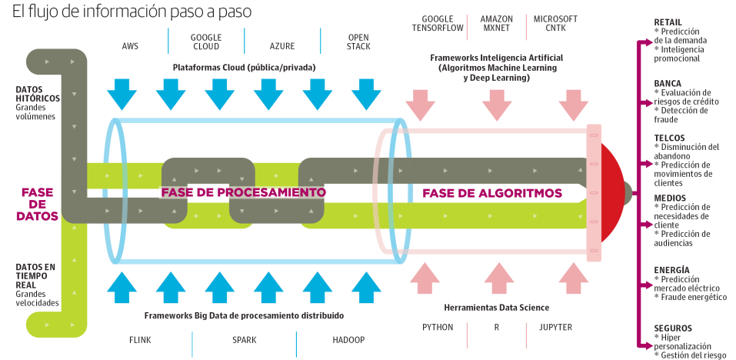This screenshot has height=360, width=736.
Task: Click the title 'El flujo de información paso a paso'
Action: point(132,13)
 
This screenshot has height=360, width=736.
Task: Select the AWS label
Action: point(130,46)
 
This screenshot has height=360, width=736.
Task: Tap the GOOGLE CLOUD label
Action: point(205,42)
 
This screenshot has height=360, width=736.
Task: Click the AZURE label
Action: point(281,46)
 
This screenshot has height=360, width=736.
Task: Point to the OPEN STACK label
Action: point(358,42)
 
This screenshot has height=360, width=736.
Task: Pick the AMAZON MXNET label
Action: point(497,24)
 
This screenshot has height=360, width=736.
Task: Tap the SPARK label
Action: point(244,339)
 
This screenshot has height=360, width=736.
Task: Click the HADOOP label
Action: point(348,339)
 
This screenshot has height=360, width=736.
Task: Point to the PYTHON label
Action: point(438,327)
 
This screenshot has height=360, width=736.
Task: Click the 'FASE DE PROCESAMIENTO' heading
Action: point(243,192)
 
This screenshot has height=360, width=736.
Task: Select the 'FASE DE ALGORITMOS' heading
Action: point(492,192)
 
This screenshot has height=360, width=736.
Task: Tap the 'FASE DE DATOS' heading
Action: point(38,204)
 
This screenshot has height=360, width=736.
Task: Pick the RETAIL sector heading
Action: point(668,22)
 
